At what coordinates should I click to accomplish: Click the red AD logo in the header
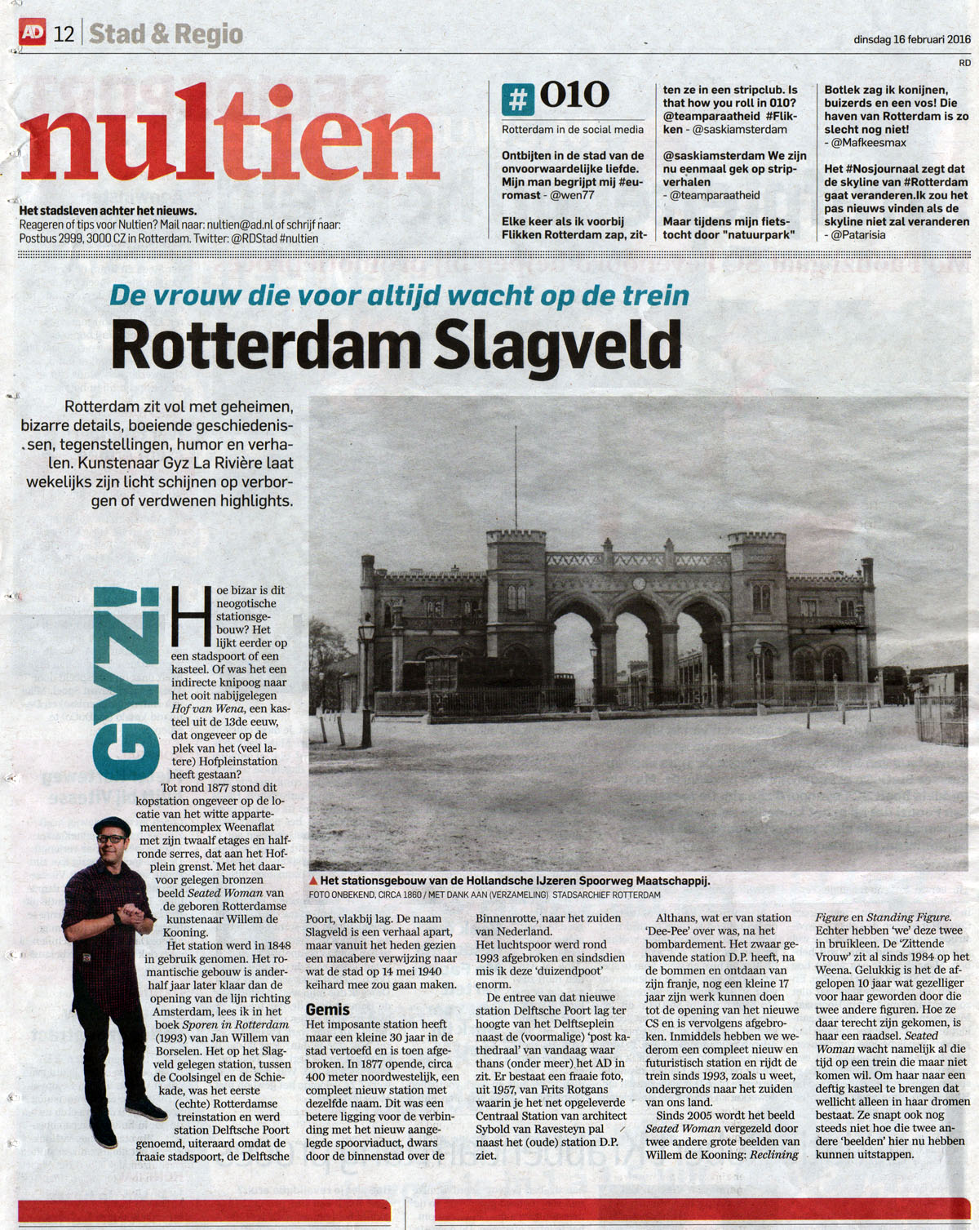coord(33,33)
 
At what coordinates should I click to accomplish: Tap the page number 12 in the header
coord(64,34)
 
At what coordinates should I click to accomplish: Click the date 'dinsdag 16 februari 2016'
coord(911,38)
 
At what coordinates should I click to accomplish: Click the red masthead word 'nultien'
coord(228,139)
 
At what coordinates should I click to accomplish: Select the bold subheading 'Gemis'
coord(328,1010)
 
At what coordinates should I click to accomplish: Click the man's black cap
coord(112,825)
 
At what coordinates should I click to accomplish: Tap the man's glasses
coord(112,838)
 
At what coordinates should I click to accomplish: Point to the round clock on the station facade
coord(639,584)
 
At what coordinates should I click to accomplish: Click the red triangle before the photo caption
coord(313,881)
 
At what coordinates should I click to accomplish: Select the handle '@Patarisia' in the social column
coord(858,235)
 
